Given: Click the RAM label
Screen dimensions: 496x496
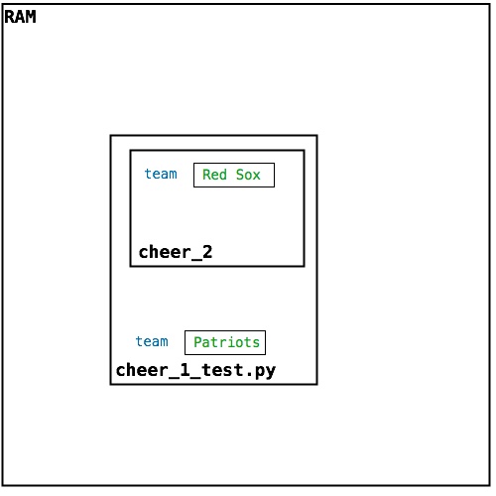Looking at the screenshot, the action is pyautogui.click(x=20, y=17).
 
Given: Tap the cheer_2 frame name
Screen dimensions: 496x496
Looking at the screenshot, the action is pyautogui.click(x=176, y=252).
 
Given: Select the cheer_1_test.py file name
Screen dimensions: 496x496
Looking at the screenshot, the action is pyautogui.click(x=195, y=370).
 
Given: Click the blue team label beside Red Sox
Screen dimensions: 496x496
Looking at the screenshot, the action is pyautogui.click(x=161, y=174).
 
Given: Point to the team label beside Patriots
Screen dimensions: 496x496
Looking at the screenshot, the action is pyautogui.click(x=152, y=341).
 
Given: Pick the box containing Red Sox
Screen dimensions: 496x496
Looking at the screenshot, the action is pyautogui.click(x=234, y=175).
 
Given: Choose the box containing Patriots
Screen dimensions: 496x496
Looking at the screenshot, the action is pyautogui.click(x=225, y=342).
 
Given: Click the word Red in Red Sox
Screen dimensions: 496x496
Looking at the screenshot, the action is pyautogui.click(x=214, y=175).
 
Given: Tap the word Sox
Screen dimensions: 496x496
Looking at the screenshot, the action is pyautogui.click(x=248, y=175).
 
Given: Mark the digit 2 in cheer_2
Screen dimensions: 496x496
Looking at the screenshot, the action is pyautogui.click(x=207, y=252).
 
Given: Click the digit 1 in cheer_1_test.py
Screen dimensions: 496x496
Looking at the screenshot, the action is pyautogui.click(x=185, y=370).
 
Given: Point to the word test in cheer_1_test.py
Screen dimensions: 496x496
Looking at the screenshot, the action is pyautogui.click(x=222, y=370).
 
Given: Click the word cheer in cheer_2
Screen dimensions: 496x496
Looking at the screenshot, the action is pyautogui.click(x=165, y=252).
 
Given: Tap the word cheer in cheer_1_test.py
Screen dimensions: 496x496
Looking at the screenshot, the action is pyautogui.click(x=142, y=370).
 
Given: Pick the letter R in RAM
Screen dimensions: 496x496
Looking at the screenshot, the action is pyautogui.click(x=9, y=17).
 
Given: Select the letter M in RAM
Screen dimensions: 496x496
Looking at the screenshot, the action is pyautogui.click(x=31, y=17).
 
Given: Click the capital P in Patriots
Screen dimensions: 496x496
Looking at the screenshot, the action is pyautogui.click(x=197, y=342).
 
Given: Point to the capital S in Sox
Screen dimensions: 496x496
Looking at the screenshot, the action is pyautogui.click(x=240, y=175).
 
